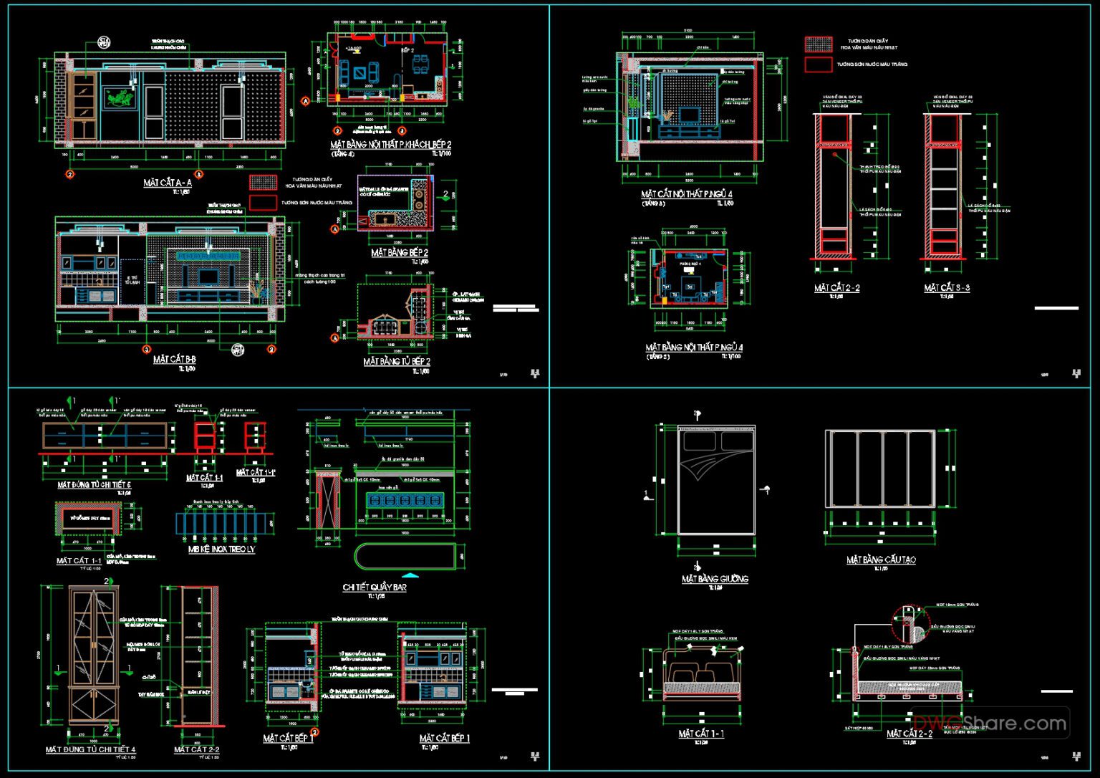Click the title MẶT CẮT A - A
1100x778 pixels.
tap(167, 183)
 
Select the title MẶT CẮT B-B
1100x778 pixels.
tap(174, 360)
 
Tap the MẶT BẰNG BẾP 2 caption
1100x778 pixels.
tap(400, 253)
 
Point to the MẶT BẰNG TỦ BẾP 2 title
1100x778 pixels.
tap(396, 362)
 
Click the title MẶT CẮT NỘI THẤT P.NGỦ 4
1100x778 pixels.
tap(686, 194)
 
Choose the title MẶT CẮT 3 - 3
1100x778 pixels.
tap(946, 288)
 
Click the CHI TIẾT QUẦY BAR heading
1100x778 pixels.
tap(374, 587)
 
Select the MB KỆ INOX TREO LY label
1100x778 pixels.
tap(221, 549)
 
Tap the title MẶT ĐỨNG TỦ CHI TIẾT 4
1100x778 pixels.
tap(90, 750)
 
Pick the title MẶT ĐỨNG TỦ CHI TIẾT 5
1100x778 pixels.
tap(94, 485)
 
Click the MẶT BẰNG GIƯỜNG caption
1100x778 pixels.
tap(715, 579)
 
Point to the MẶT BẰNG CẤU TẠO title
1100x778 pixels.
tap(880, 560)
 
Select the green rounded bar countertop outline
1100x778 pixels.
tap(406, 557)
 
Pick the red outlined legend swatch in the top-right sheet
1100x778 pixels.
tap(818, 64)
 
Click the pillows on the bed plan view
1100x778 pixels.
tap(715, 440)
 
